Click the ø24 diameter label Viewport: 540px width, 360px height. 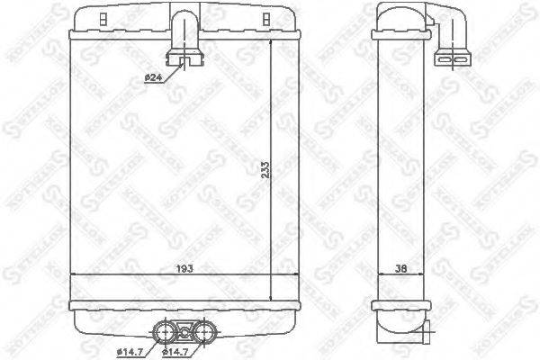pos(152,77)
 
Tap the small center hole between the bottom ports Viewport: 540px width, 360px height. pos(184,330)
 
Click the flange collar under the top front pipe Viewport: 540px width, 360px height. pos(190,61)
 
